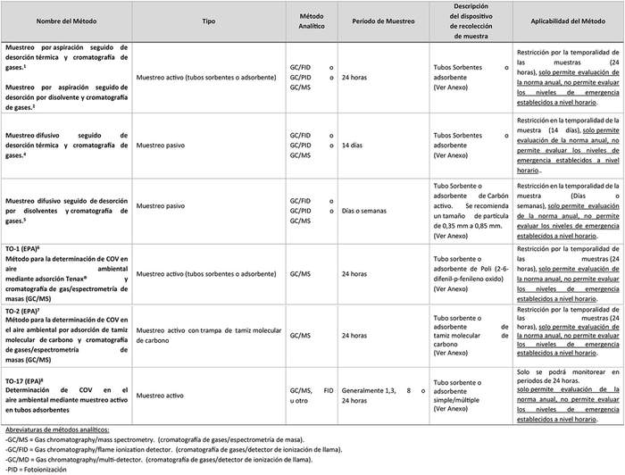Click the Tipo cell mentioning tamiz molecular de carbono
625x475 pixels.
point(208,335)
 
